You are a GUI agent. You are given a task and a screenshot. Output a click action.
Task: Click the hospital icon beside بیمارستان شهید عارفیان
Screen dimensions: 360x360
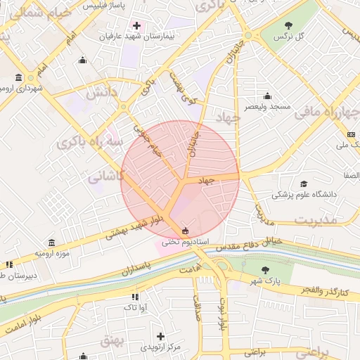(136, 26)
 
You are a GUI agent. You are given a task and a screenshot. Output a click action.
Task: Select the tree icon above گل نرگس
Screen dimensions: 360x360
(290, 25)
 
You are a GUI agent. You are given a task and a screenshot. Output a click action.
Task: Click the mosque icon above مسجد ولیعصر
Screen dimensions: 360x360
(267, 96)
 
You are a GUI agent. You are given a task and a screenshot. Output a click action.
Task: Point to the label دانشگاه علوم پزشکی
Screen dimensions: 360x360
(304, 194)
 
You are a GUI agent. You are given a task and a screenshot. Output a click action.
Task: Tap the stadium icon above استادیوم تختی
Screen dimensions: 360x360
(185, 230)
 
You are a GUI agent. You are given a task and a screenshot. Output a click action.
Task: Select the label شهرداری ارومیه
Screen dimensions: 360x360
(20, 89)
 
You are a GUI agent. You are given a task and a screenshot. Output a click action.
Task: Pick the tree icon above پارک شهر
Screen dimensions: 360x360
(264, 270)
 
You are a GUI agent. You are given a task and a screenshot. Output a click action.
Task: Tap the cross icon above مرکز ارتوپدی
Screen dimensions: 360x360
(160, 337)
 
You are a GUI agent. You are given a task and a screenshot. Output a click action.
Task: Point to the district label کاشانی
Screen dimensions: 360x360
(106, 178)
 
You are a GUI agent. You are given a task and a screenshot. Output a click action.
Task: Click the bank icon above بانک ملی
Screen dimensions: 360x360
(350, 134)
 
